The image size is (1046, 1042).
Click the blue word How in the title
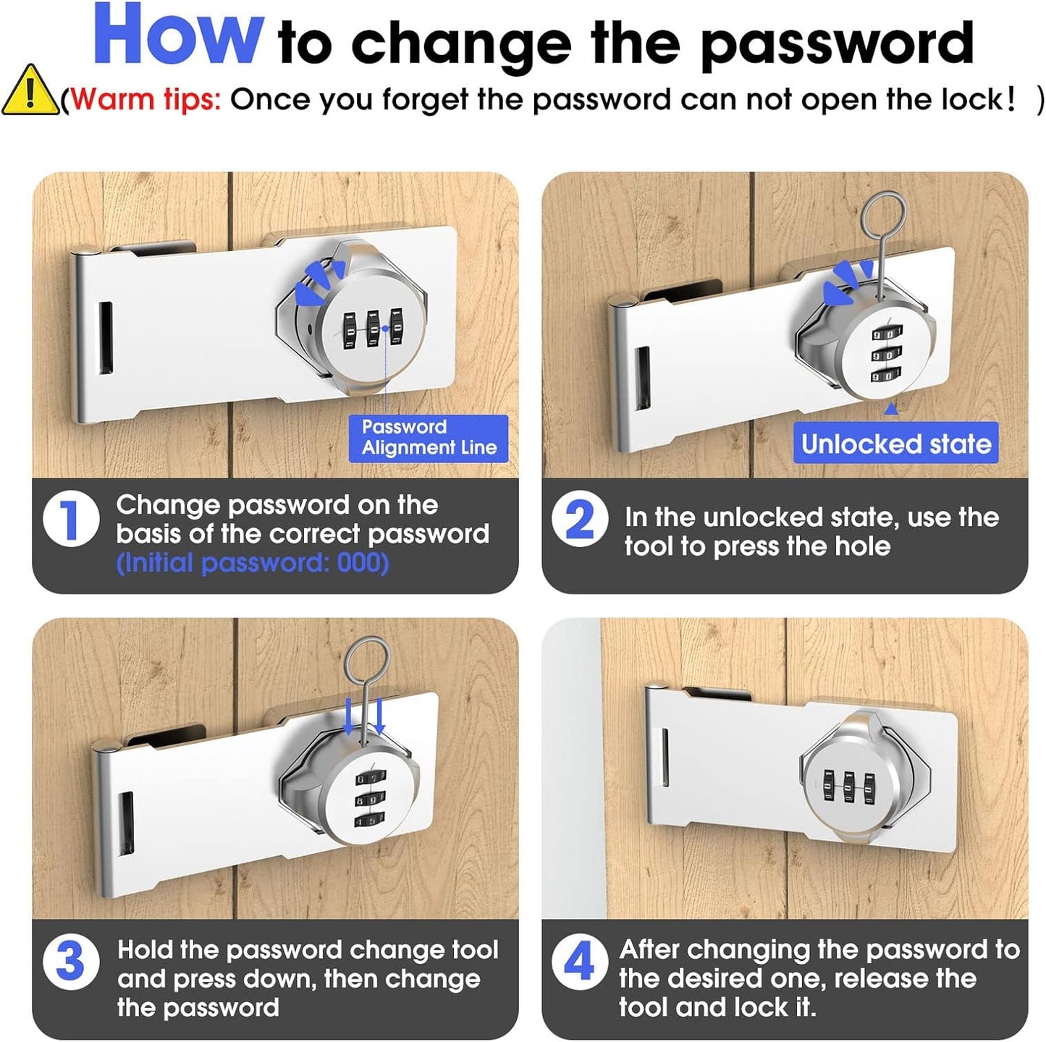point(178,36)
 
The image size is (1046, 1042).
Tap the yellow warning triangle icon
point(29,92)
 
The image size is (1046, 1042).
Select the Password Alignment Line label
point(429,438)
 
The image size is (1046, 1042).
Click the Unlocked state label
point(895,444)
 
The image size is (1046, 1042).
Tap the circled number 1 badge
point(71,519)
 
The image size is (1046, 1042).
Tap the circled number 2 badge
point(579,519)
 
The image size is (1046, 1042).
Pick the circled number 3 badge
point(71,962)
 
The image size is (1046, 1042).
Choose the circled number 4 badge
point(579,962)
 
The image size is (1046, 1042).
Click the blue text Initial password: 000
point(253,563)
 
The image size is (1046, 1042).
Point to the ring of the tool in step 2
point(885,214)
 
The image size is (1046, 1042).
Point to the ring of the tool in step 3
point(368,661)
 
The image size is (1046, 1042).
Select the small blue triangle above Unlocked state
point(892,409)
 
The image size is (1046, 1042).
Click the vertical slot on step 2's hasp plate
point(643,378)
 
